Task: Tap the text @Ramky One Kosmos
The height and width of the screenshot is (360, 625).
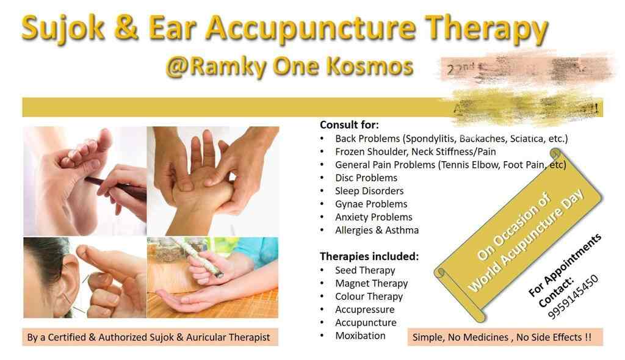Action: pyautogui.click(x=289, y=67)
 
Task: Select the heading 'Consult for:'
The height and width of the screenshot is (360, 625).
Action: pyautogui.click(x=349, y=125)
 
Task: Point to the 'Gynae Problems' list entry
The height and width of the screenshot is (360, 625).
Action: pyautogui.click(x=371, y=204)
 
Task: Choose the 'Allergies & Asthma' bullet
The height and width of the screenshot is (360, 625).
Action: pyautogui.click(x=377, y=230)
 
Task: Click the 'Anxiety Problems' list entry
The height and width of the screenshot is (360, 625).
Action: pyautogui.click(x=374, y=217)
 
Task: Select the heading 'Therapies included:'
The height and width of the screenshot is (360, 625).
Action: pyautogui.click(x=369, y=256)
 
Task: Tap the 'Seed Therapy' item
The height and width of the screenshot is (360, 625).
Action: pyautogui.click(x=365, y=270)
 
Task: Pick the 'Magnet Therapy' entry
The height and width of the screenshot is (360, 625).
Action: pyautogui.click(x=371, y=283)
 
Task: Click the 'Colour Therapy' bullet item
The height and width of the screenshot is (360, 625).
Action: pyautogui.click(x=369, y=297)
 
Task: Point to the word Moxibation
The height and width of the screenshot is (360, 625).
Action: pyautogui.click(x=360, y=336)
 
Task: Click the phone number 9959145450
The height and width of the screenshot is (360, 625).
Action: pyautogui.click(x=573, y=297)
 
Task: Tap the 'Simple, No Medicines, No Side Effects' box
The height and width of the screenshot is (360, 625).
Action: pyautogui.click(x=502, y=337)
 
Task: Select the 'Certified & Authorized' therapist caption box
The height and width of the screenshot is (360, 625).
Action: pyautogui.click(x=148, y=337)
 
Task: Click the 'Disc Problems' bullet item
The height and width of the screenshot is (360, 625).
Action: pyautogui.click(x=366, y=178)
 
